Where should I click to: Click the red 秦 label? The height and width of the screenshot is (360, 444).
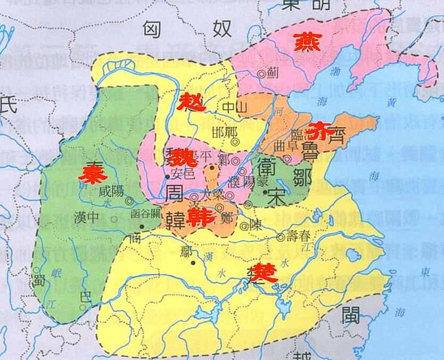click(x=90, y=174)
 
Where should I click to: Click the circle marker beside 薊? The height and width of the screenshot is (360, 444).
click(x=261, y=75)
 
